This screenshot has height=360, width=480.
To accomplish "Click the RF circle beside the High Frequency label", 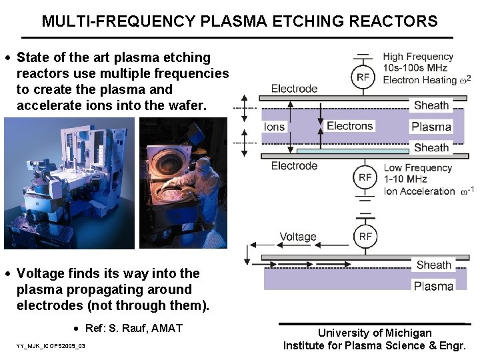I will point(363,77).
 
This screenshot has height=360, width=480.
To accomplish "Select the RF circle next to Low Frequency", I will point(365,177).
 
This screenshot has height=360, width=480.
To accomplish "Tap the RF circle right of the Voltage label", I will point(365,237).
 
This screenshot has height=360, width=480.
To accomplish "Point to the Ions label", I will point(274,127).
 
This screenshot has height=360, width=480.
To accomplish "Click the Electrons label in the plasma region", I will point(349,126).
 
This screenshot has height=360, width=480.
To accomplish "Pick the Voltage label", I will point(298,237).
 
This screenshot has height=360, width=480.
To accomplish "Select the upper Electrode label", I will point(294,89).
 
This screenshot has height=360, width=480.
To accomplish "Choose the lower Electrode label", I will point(294,166).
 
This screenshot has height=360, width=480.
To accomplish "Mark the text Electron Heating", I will point(420,80).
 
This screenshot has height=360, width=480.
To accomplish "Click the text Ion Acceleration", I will point(419,191).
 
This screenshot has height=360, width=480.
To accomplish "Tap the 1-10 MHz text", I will point(405,179).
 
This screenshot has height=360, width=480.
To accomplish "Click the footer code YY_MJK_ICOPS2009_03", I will point(51,347).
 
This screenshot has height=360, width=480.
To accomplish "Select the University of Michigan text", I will point(375,333).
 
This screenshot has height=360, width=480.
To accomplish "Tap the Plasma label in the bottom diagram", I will point(433,286).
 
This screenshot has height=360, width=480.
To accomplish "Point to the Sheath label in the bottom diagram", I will point(433,265).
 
